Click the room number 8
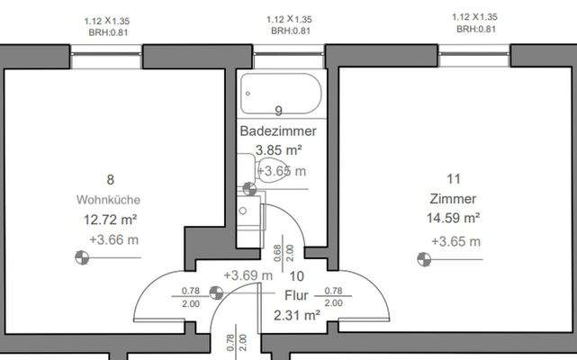pyautogui.click(x=110, y=179)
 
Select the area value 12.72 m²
pyautogui.click(x=110, y=219)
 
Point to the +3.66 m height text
pyautogui.click(x=114, y=239)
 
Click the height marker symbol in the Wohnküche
pyautogui.click(x=81, y=258)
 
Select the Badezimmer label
pyautogui.click(x=278, y=131)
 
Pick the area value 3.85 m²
pyautogui.click(x=278, y=150)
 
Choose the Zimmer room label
pyautogui.click(x=453, y=199)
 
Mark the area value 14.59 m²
pyautogui.click(x=453, y=219)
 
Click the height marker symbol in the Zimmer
pyautogui.click(x=421, y=260)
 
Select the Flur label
pyautogui.click(x=297, y=295)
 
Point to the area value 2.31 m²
pyautogui.click(x=297, y=315)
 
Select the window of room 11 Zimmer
pyautogui.click(x=473, y=56)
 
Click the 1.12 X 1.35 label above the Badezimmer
pyautogui.click(x=290, y=19)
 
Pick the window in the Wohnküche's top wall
pyautogui.click(x=106, y=56)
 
